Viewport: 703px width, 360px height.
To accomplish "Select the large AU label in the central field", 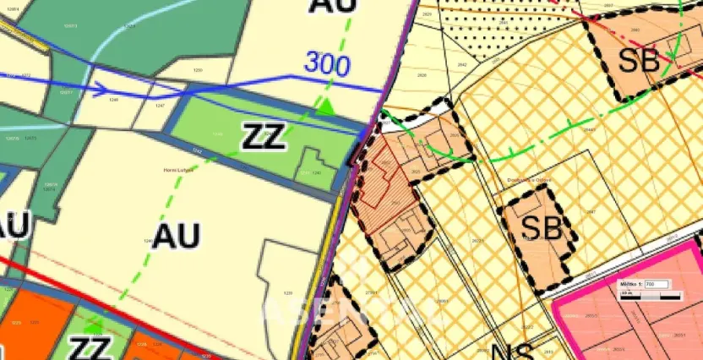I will click(x=176, y=234).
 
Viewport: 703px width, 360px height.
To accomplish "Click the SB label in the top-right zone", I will click(x=637, y=60).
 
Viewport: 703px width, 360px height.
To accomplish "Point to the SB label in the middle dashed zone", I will click(x=542, y=226).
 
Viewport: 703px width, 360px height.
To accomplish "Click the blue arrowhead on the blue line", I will click(x=100, y=89).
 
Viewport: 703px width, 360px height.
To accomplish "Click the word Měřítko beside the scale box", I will click(x=631, y=285).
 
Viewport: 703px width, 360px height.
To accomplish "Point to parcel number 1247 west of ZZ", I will click(x=160, y=106).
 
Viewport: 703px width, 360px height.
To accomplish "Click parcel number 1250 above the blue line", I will click(x=198, y=70).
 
